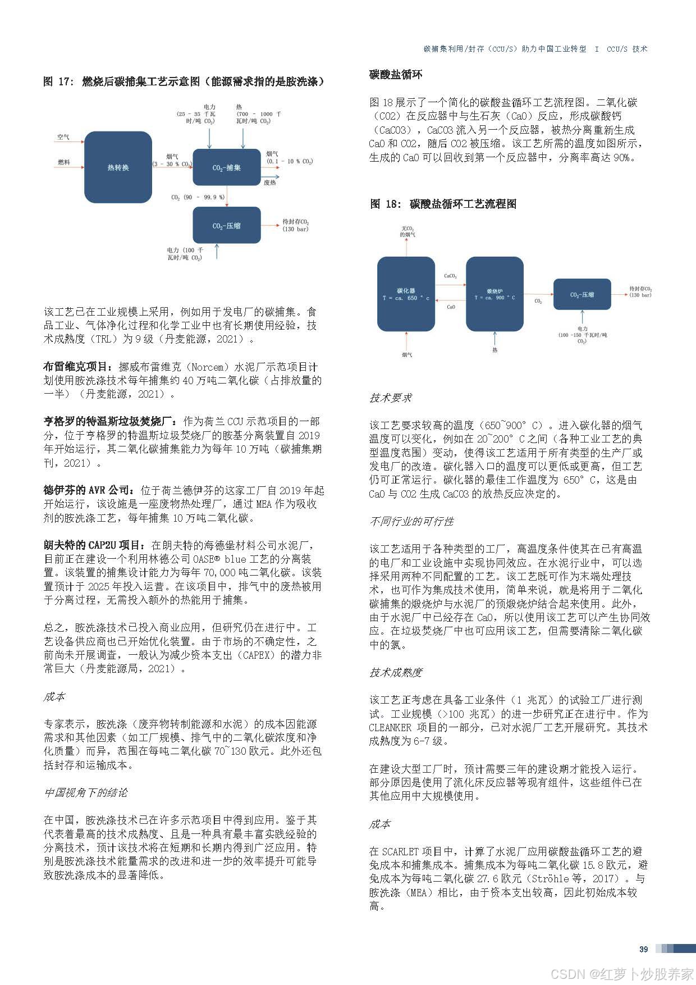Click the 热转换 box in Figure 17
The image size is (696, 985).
tap(118, 167)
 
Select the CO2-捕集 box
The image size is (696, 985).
tap(226, 167)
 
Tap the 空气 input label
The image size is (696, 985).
tap(63, 137)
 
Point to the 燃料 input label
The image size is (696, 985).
tap(63, 162)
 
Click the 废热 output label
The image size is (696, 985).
tap(270, 183)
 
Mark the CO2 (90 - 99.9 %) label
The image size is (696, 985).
tap(198, 197)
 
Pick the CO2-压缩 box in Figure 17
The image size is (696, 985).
tap(226, 225)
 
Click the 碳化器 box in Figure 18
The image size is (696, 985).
tap(406, 294)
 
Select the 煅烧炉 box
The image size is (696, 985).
tap(494, 294)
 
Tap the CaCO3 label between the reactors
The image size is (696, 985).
tap(450, 276)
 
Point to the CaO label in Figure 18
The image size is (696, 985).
tap(451, 307)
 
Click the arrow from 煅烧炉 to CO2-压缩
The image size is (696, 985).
tap(538, 294)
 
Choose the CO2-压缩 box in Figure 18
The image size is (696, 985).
tap(582, 294)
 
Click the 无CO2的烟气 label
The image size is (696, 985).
tap(407, 231)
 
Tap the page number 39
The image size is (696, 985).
tap(643, 949)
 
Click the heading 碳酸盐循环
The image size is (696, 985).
tap(396, 75)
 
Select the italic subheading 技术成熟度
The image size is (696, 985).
tap(396, 672)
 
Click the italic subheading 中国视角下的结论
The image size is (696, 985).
tap(86, 792)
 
